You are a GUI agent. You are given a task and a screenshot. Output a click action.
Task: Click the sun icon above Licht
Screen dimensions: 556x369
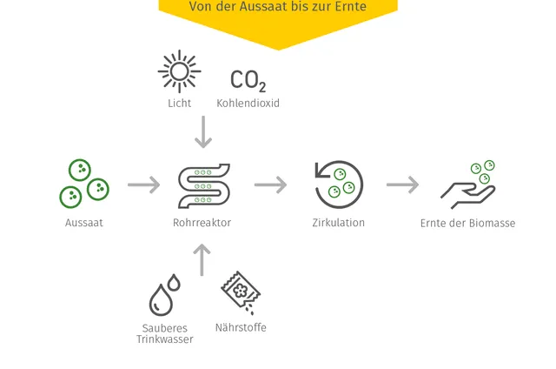[x=180, y=71]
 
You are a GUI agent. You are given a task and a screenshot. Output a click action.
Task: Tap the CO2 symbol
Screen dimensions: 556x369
[x=248, y=80]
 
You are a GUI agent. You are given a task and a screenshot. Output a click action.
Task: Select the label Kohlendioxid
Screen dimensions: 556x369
[x=248, y=104]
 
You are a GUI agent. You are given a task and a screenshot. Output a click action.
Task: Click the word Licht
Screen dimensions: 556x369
[x=180, y=104]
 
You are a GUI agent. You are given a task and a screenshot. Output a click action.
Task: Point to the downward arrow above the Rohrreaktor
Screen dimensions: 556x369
[x=203, y=131]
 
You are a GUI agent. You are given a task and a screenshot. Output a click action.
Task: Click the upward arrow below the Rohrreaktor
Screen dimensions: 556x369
[x=202, y=259]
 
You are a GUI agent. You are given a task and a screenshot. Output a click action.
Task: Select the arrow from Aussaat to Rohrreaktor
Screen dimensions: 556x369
[x=144, y=184]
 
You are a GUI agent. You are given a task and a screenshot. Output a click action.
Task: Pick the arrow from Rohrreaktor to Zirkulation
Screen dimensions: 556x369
[x=270, y=184]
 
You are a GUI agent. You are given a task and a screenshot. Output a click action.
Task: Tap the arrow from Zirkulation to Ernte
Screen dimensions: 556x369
[x=403, y=184]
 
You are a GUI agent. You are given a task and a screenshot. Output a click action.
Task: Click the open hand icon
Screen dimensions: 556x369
[x=467, y=196]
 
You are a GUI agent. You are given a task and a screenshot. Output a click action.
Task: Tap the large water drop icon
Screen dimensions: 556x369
[x=161, y=300]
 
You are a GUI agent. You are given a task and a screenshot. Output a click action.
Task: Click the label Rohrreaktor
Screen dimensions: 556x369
[x=202, y=223]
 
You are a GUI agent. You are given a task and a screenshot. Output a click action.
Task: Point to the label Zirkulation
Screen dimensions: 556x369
[x=338, y=223]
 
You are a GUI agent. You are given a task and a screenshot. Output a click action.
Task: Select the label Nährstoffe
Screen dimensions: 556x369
[x=241, y=327]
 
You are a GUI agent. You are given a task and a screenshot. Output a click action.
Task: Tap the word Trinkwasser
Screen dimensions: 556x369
[x=165, y=339]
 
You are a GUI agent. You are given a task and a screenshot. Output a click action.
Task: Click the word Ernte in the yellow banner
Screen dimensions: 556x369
[x=353, y=6]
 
